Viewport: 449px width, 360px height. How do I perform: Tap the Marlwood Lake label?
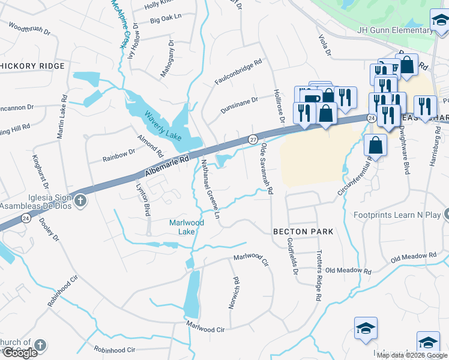click(186, 227)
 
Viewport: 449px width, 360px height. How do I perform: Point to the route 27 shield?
click(253, 139)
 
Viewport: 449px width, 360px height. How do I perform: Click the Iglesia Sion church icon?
click(80, 200)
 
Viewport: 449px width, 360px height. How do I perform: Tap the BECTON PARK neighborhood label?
click(303, 231)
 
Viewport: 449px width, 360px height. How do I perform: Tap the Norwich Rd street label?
click(234, 292)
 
